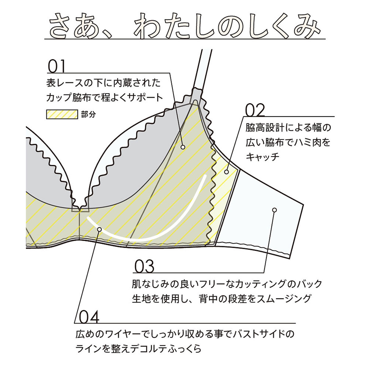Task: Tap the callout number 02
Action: pyautogui.click(x=255, y=109)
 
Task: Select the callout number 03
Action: pyautogui.click(x=144, y=266)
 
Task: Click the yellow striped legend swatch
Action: pyautogui.click(x=61, y=114)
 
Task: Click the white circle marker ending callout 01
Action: pyautogui.click(x=183, y=147)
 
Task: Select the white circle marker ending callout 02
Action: pyautogui.click(x=226, y=171)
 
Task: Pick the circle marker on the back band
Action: pyautogui.click(x=274, y=210)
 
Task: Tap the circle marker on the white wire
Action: pyautogui.click(x=100, y=229)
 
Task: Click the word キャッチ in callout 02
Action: pyautogui.click(x=262, y=157)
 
